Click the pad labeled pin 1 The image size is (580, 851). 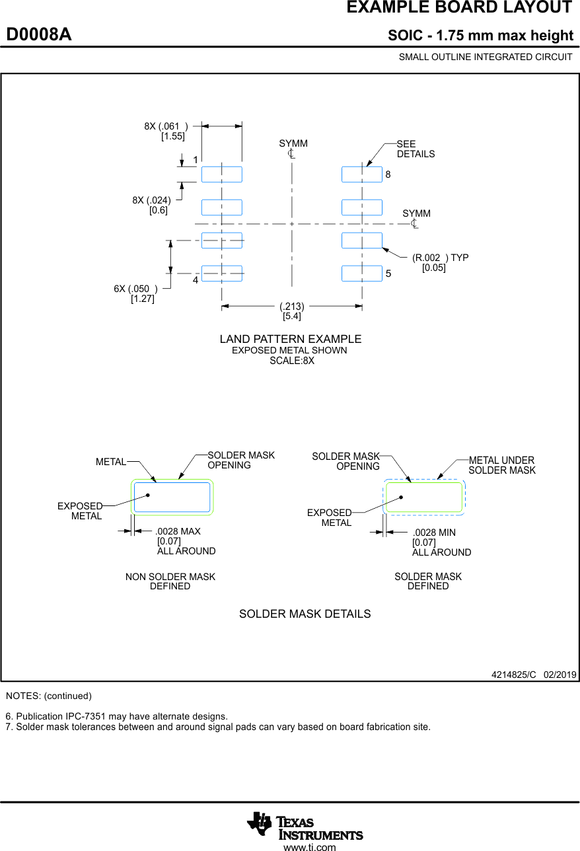[222, 174]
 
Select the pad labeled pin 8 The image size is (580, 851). [362, 174]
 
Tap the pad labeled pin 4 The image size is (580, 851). [222, 273]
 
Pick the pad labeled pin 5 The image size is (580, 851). [362, 273]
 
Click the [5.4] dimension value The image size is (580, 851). [292, 316]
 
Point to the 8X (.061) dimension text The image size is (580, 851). [166, 126]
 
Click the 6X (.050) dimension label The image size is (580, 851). [135, 289]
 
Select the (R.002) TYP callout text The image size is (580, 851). [440, 258]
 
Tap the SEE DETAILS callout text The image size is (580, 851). [416, 149]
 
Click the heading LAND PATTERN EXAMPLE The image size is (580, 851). [291, 339]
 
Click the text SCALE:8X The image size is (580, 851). [291, 361]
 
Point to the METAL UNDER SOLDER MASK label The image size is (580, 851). [501, 465]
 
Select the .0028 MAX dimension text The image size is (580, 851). [178, 531]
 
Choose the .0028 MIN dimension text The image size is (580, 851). [434, 533]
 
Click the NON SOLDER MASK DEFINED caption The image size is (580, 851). [170, 581]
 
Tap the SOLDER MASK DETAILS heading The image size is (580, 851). [305, 614]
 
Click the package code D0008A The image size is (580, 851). [39, 35]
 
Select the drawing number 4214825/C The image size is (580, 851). [513, 675]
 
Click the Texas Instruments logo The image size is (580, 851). [305, 826]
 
